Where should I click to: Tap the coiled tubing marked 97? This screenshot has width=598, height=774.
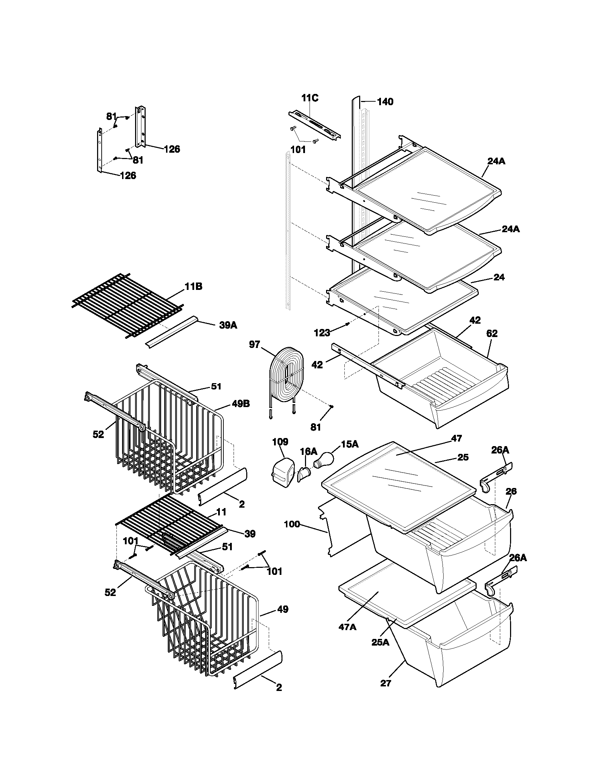click(286, 376)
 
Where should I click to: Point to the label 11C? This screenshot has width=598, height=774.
click(310, 98)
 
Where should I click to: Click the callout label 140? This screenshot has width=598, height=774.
click(385, 102)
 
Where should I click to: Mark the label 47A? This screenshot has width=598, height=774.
click(348, 627)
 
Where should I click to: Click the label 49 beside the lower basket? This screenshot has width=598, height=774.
click(282, 609)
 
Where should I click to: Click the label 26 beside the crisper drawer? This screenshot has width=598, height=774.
click(511, 491)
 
